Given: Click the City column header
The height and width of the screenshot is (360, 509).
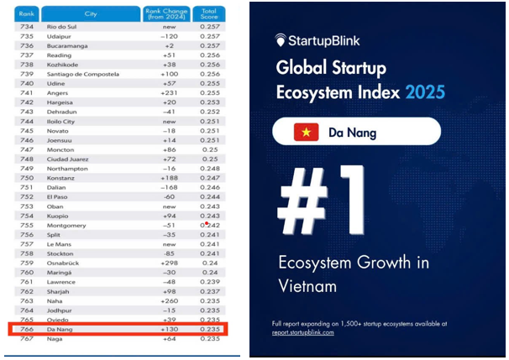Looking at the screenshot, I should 90,13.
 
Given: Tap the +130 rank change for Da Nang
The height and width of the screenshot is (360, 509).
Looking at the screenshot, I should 171,329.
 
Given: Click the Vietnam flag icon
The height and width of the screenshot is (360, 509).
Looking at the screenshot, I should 305,132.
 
